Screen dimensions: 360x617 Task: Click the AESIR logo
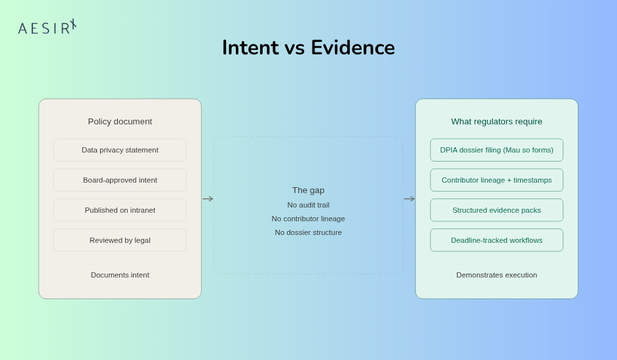[47, 27]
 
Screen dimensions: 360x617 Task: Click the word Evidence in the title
[352, 48]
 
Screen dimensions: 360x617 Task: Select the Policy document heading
[120, 122]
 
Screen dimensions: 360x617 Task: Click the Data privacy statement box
[120, 150]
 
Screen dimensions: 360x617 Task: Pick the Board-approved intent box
[120, 180]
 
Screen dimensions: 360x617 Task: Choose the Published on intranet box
[120, 210]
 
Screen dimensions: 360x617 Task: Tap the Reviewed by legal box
[120, 240]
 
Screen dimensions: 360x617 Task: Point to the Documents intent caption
[120, 275]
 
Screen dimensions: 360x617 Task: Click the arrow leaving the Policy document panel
[208, 199]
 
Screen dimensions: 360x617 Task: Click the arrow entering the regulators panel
[409, 199]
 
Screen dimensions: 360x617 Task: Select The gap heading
[308, 190]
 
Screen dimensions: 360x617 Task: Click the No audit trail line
[308, 205]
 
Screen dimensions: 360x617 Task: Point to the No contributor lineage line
[308, 219]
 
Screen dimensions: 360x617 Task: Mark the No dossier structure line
[308, 232]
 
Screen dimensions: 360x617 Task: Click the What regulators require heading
[496, 122]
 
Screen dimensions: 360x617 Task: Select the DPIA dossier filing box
[496, 150]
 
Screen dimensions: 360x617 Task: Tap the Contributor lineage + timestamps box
[496, 180]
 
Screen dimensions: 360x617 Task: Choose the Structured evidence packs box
[496, 210]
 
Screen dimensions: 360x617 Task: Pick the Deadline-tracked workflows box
[496, 240]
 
